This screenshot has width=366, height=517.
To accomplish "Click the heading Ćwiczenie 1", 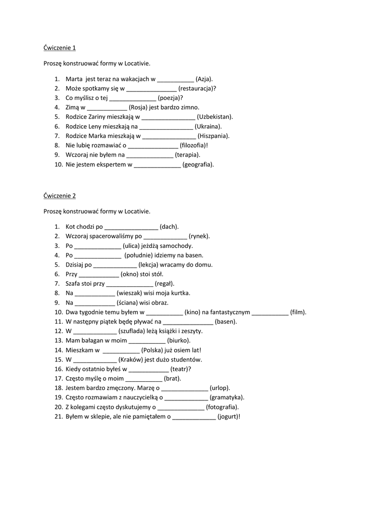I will click(60, 48).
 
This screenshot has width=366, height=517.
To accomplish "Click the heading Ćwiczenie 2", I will click(60, 196).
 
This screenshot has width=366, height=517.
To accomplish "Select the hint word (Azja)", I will click(204, 79).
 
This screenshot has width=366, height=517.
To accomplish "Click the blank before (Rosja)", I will click(107, 108).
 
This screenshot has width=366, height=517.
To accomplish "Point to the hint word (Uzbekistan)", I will click(215, 117).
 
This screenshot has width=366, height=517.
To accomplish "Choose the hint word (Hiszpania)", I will click(214, 136).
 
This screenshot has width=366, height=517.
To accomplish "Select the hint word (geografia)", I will click(198, 164).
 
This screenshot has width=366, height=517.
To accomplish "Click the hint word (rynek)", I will click(199, 236).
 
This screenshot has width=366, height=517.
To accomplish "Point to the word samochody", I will click(177, 246).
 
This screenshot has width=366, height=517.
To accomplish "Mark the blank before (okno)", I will click(99, 274).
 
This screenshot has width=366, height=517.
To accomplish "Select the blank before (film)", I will click(270, 313).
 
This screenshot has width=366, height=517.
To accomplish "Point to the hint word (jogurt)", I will click(228, 417).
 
